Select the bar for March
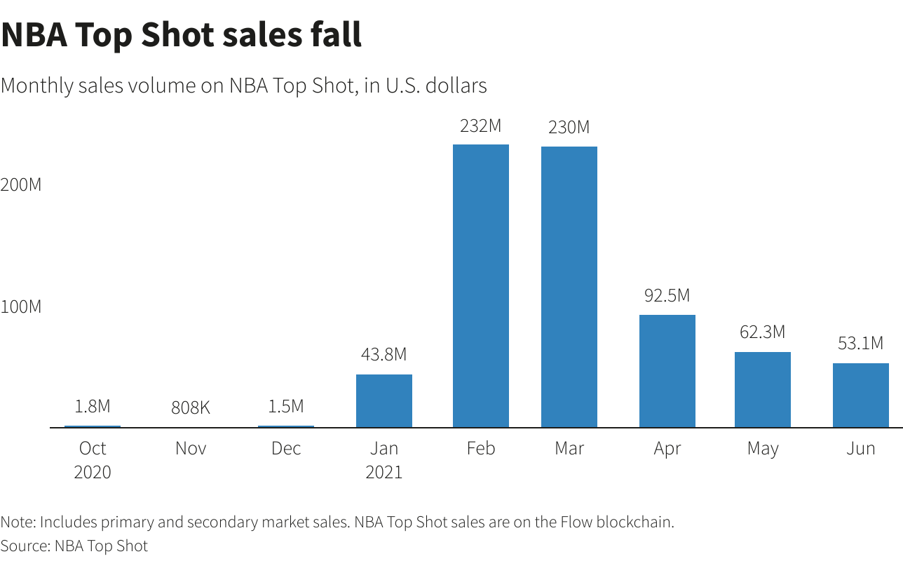click(569, 287)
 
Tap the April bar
click(667, 371)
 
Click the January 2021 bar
click(384, 400)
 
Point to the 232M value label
click(481, 126)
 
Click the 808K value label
click(191, 407)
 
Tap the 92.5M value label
click(667, 296)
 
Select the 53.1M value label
click(861, 344)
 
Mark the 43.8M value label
click(384, 355)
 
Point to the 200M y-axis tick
click(21, 185)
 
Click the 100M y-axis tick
click(21, 307)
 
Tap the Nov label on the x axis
click(191, 448)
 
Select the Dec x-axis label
click(286, 448)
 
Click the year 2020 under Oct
click(93, 472)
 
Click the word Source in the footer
click(24, 546)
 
